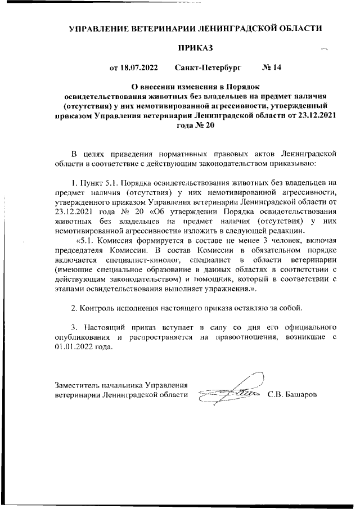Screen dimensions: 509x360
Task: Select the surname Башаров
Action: (301, 395)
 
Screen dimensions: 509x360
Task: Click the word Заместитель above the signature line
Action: (78, 385)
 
